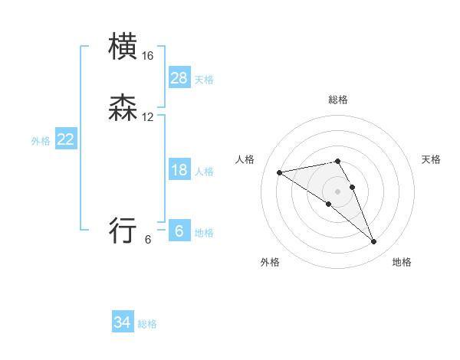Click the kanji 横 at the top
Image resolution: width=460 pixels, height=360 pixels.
(x=123, y=47)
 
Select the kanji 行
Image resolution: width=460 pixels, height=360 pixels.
(x=123, y=230)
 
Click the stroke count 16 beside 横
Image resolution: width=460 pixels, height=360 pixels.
(x=148, y=56)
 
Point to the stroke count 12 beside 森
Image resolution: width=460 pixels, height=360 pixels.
(x=148, y=117)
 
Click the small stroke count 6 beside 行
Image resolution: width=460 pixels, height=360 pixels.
(x=148, y=239)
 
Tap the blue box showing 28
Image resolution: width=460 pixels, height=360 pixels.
(x=179, y=78)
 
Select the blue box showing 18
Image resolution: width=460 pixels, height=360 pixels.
(x=179, y=170)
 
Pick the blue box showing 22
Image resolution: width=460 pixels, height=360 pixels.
(x=66, y=139)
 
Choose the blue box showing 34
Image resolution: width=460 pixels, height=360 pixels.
(x=123, y=323)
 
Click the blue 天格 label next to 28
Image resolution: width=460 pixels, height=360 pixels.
(x=204, y=80)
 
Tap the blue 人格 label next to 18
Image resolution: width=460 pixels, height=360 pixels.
(x=204, y=172)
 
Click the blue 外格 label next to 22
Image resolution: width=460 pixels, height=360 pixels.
(x=41, y=141)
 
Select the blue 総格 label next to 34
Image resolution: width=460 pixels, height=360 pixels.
(x=147, y=325)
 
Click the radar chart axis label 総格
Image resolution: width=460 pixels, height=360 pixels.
(x=338, y=100)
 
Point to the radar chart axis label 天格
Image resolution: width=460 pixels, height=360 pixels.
(x=431, y=159)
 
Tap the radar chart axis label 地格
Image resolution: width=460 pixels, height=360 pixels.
(x=402, y=262)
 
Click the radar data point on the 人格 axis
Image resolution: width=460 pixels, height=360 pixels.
(x=280, y=172)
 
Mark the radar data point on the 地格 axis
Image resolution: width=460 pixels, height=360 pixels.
(x=374, y=242)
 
